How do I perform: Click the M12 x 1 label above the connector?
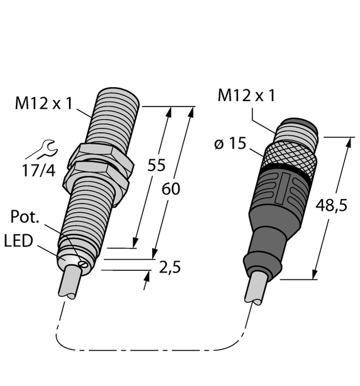pos(246,96)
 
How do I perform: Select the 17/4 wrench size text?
pos(38,169)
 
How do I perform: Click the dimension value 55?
pos(156,165)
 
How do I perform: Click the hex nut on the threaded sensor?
pos(100,163)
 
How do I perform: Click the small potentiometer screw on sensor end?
pos(84,263)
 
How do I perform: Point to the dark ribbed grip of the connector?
pos(279,194)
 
